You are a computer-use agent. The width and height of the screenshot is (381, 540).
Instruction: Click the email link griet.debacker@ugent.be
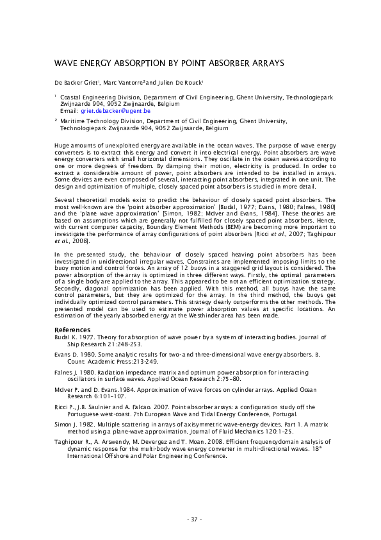(114, 110)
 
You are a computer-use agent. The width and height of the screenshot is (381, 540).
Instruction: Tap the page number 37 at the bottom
(193, 519)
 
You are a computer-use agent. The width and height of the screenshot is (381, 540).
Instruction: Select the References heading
(72, 330)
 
